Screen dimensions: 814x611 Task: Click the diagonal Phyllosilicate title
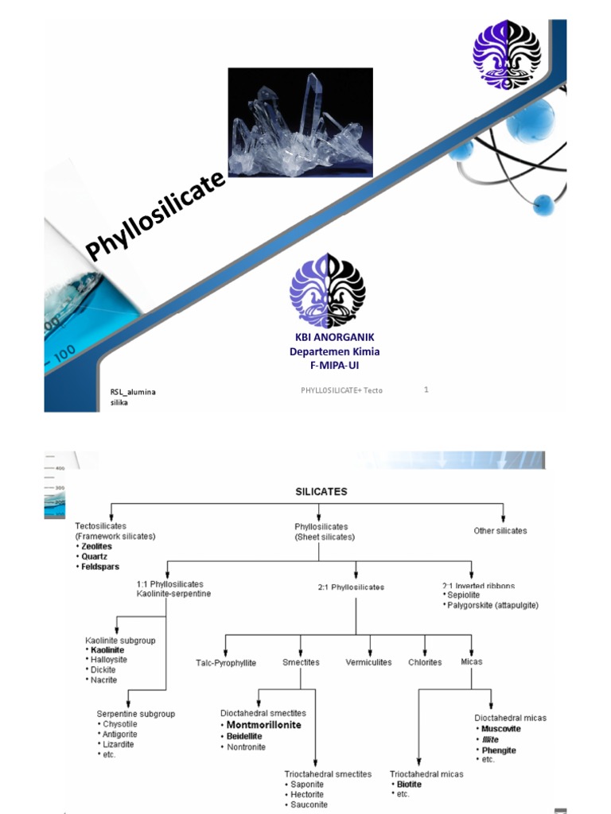(156, 215)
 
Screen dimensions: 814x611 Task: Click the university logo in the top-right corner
(507, 55)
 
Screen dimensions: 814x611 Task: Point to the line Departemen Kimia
(334, 351)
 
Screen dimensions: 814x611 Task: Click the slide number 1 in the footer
(426, 390)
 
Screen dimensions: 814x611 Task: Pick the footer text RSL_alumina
(133, 393)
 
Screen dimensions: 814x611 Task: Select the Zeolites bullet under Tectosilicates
(95, 547)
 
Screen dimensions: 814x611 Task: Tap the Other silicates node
(500, 530)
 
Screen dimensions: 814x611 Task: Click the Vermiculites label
(368, 662)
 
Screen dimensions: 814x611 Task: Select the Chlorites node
(425, 662)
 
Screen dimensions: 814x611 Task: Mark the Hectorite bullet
(306, 794)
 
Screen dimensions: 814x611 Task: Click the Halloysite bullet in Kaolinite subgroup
(109, 660)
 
